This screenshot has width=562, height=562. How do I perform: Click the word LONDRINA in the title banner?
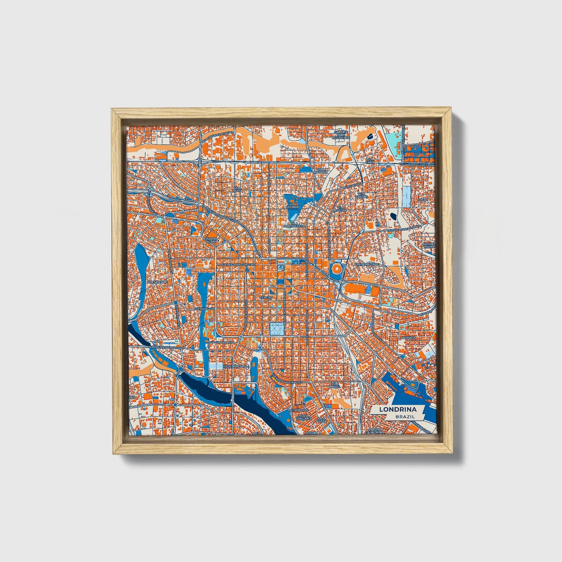397,409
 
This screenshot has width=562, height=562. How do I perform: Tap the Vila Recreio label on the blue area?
293,205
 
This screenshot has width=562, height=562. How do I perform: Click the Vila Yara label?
369,161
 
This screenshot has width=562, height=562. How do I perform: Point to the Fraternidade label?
366,264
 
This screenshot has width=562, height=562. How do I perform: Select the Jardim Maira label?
428,245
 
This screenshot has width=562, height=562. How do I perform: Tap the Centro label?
266,297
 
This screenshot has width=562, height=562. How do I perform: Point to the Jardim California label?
375,431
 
